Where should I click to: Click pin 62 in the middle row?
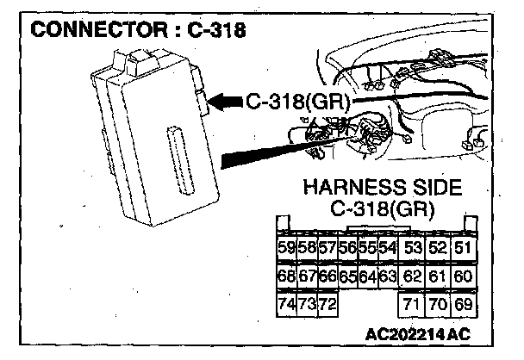[x=412, y=277]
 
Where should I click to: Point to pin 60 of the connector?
[x=462, y=277]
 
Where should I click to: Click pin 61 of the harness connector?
[x=437, y=277]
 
